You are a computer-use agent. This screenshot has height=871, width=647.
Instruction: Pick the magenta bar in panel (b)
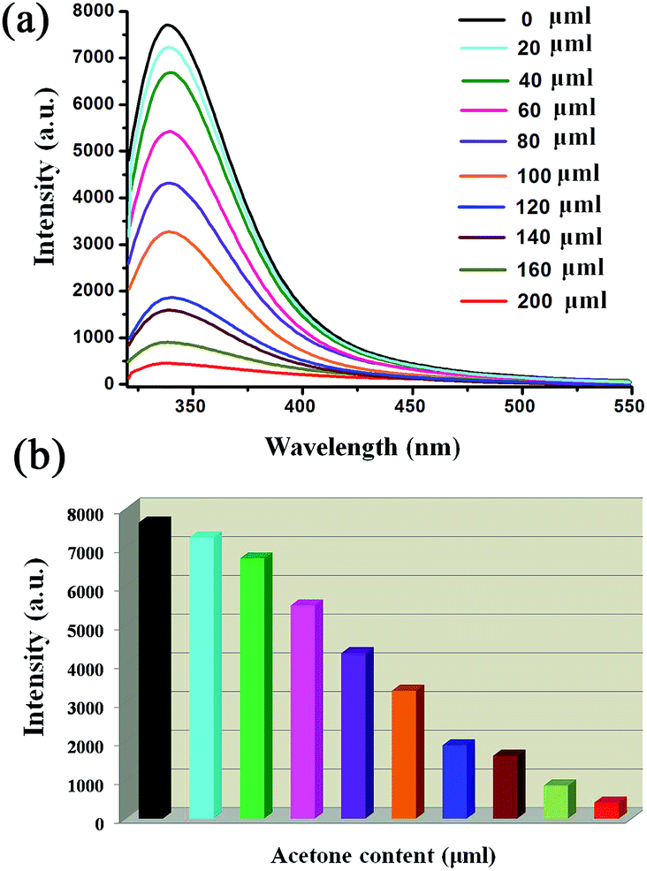(304, 711)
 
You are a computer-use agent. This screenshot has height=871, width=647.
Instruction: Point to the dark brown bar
(506, 786)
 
